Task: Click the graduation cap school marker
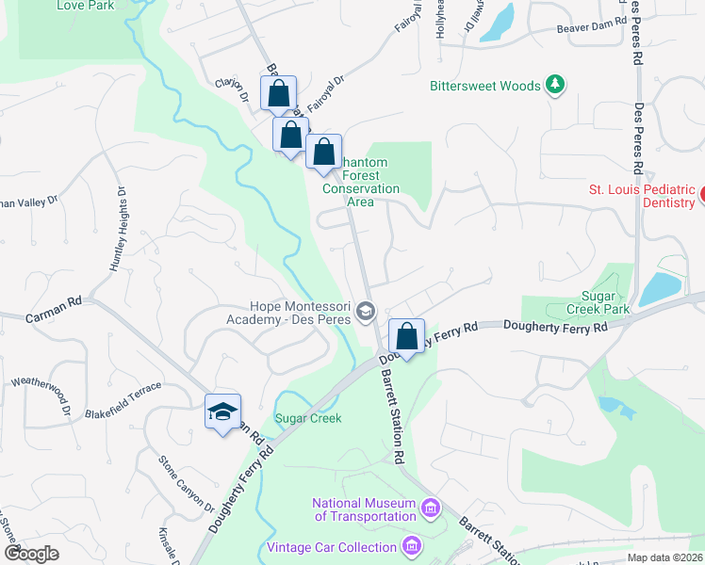pyautogui.click(x=223, y=412)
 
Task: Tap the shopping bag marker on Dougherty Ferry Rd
pyautogui.click(x=406, y=336)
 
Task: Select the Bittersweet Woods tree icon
pyautogui.click(x=556, y=86)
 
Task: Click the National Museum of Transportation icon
pyautogui.click(x=431, y=509)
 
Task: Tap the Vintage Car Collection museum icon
pyautogui.click(x=411, y=547)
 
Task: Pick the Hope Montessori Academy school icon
pyautogui.click(x=366, y=312)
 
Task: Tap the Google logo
pyautogui.click(x=31, y=553)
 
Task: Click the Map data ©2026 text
pyautogui.click(x=664, y=557)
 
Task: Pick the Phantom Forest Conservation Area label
pyautogui.click(x=361, y=175)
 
